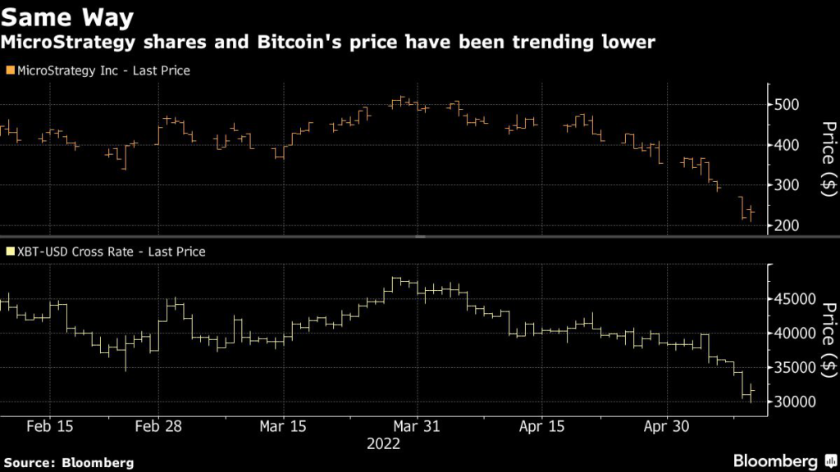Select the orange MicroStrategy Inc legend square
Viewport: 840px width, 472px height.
(x=9, y=70)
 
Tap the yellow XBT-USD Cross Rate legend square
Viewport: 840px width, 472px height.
(x=9, y=252)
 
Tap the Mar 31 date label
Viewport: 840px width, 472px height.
(x=418, y=426)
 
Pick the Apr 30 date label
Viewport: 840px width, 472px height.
(x=666, y=426)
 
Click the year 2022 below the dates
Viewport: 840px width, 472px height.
(x=383, y=443)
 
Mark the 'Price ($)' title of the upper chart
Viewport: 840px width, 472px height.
(x=829, y=168)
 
